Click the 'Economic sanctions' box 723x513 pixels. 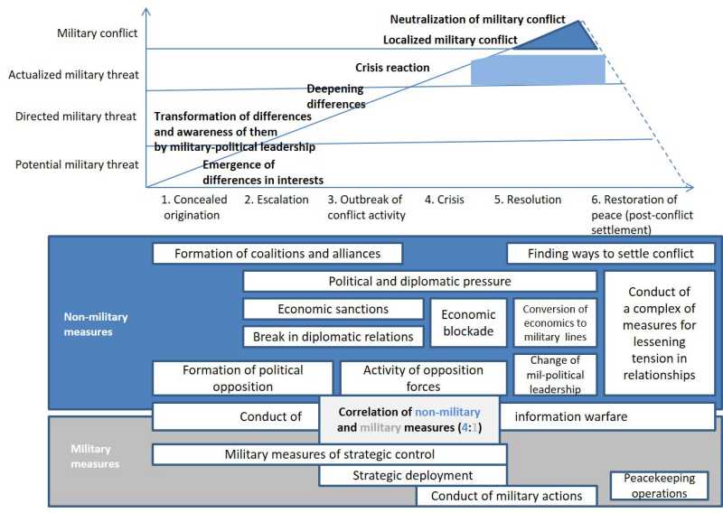tap(333, 309)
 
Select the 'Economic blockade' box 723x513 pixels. tap(468, 322)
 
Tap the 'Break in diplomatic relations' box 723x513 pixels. tap(333, 336)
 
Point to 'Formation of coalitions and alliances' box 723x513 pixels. tap(277, 254)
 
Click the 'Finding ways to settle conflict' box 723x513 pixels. tap(610, 254)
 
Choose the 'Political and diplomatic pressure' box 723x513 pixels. tap(419, 282)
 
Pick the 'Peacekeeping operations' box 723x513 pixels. tap(661, 487)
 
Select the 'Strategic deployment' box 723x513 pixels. tap(413, 475)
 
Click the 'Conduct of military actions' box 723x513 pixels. tap(506, 496)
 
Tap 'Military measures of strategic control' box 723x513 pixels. tap(329, 453)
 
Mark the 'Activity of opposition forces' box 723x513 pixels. tap(423, 378)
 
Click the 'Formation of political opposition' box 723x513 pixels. tap(242, 378)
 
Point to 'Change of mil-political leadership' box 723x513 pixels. tap(555, 375)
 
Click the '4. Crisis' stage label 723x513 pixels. tap(445, 200)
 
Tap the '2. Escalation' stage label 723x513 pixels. tap(276, 200)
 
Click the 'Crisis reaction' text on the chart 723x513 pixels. tap(392, 68)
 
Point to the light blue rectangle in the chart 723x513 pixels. tap(537, 70)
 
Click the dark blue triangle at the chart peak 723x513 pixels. tap(569, 36)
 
